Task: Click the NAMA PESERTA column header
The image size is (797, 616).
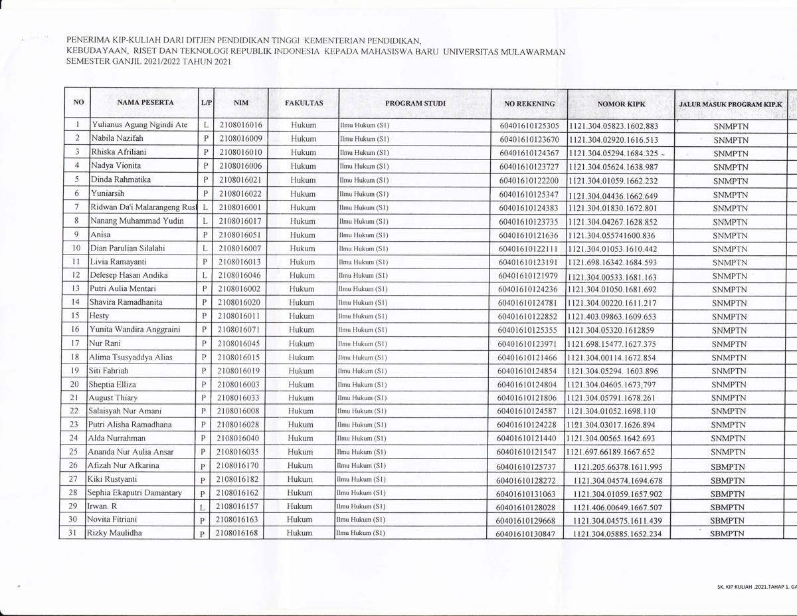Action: pos(145,103)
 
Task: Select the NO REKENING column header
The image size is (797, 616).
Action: pos(529,104)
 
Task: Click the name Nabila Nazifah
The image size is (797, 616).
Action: pos(117,138)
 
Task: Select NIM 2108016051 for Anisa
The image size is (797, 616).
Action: pos(240,235)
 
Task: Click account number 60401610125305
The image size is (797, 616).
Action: pos(529,126)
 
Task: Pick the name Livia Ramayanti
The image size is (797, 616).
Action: pos(120,262)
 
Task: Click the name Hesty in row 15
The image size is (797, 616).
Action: pos(99,316)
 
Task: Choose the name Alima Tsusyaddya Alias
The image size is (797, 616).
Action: pos(130,357)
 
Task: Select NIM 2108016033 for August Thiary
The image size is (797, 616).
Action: pos(240,398)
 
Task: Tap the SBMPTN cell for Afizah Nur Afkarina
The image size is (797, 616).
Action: pos(726,466)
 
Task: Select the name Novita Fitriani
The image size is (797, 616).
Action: pos(117,520)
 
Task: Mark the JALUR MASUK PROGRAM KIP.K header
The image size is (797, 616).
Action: pos(731,105)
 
